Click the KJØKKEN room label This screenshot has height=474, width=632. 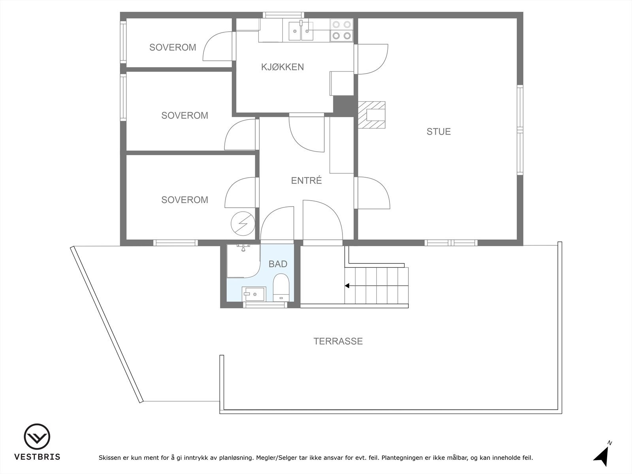282,67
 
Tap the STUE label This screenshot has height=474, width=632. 438,132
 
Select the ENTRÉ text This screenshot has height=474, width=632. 306,181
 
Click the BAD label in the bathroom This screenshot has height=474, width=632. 278,264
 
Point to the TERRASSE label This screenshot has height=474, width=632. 338,341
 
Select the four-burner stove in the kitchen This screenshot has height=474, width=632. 341,30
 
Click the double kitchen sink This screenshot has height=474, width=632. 301,31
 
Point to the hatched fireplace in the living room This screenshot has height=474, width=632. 371,115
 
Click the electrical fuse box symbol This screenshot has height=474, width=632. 243,224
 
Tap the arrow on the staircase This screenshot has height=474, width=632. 348,286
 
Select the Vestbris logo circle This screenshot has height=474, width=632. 37,437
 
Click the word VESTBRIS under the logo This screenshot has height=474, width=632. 37,457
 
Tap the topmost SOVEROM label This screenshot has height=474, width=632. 173,47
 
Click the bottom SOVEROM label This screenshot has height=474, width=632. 184,200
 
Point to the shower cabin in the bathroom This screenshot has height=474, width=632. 242,261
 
